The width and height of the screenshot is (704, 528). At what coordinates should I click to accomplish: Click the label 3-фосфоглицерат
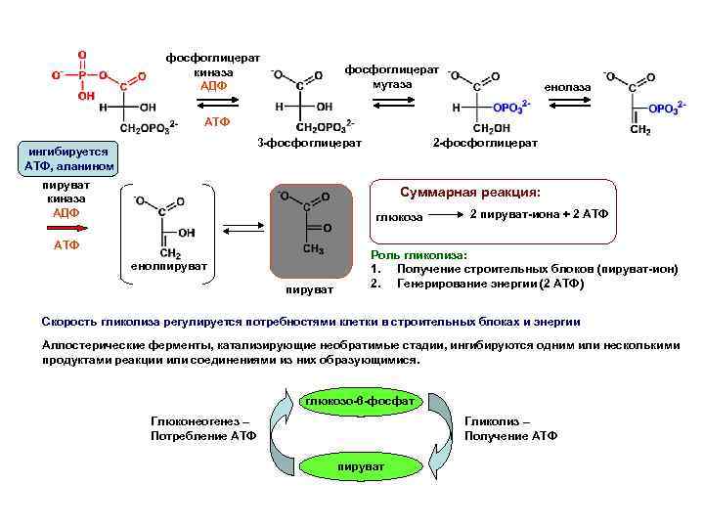point(309,144)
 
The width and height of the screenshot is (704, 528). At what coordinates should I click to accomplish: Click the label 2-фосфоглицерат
point(485,144)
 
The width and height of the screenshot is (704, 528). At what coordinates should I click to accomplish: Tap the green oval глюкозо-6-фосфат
point(360,402)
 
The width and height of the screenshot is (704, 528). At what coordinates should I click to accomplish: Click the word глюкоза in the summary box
point(399,216)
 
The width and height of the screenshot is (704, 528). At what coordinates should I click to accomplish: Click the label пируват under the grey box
point(309,288)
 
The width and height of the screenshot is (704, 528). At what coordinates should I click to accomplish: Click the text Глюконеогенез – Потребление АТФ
point(199,427)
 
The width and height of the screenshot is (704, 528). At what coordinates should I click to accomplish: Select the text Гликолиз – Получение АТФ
point(510,427)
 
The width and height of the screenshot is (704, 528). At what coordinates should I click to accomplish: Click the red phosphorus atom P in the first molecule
point(83,72)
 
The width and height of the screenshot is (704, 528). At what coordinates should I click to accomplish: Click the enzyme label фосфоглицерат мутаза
point(391,77)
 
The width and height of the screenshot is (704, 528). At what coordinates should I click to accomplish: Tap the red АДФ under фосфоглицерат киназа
point(213,86)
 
